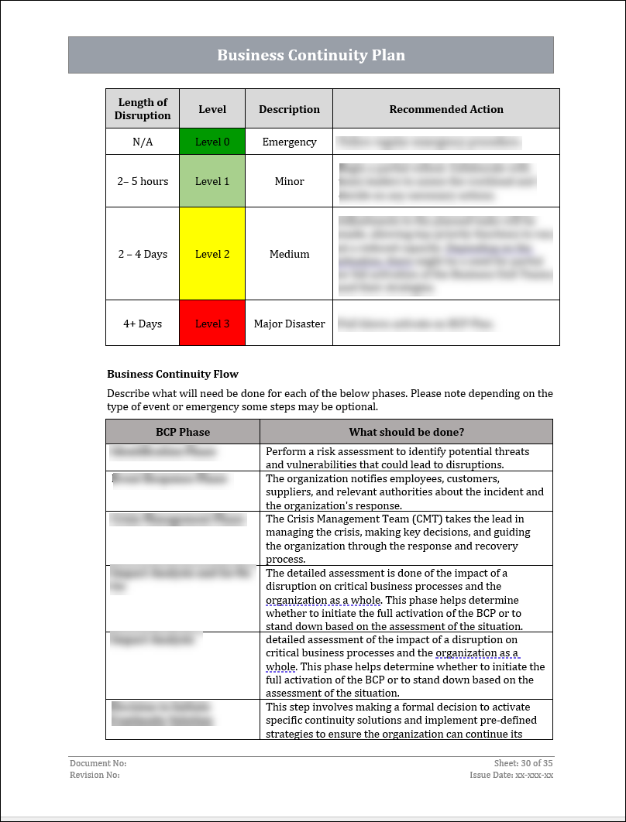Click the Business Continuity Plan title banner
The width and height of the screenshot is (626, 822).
[311, 55]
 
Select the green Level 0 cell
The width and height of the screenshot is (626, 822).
[212, 142]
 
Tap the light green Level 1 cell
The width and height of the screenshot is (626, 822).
[212, 181]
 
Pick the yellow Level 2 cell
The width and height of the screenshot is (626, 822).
[212, 254]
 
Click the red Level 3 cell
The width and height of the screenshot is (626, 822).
[212, 324]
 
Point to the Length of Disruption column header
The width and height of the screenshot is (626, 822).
[143, 109]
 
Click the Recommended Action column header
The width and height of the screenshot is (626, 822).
[446, 109]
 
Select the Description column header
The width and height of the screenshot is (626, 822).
[289, 109]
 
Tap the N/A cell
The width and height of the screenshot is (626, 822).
[143, 142]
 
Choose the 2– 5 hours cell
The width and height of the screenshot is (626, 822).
[143, 181]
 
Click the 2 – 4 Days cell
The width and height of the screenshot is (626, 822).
[143, 254]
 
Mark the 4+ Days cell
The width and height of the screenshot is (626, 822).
[143, 324]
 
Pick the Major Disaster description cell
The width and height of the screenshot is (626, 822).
[289, 324]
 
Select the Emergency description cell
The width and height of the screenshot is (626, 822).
[289, 142]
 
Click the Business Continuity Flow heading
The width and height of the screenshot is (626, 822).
[173, 374]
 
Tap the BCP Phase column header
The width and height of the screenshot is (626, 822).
[183, 432]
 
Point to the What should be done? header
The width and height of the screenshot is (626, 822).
[406, 432]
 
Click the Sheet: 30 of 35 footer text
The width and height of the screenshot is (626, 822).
[523, 763]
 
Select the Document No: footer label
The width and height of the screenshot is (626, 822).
[98, 763]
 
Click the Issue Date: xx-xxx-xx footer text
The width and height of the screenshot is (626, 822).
[511, 775]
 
